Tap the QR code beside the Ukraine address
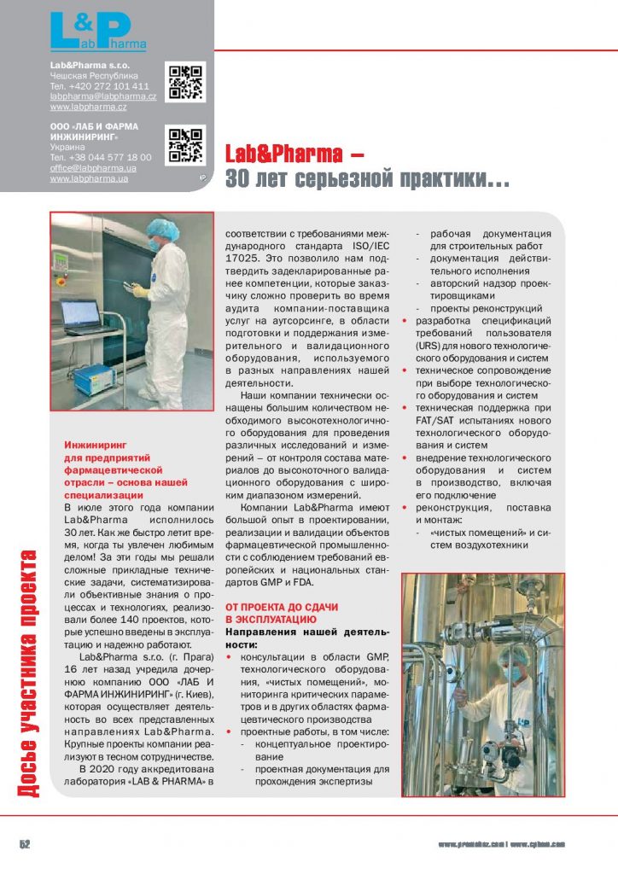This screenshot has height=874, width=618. click(185, 146)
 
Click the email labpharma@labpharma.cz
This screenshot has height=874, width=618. click(102, 96)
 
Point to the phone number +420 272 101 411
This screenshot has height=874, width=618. click(99, 86)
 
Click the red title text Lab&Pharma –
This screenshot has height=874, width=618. click(294, 155)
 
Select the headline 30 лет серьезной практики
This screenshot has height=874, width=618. click(367, 179)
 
